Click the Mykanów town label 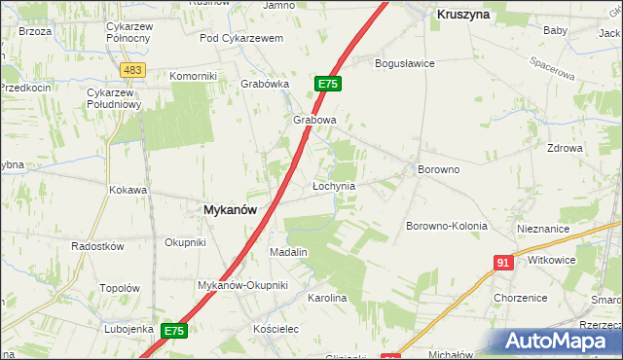pyautogui.click(x=230, y=209)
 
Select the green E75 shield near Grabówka pyautogui.click(x=327, y=85)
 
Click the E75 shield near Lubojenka pyautogui.click(x=173, y=331)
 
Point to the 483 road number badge pyautogui.click(x=133, y=70)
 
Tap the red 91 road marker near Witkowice pyautogui.click(x=503, y=263)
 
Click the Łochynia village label pyautogui.click(x=333, y=185)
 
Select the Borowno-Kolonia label pyautogui.click(x=446, y=226)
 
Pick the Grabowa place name pyautogui.click(x=314, y=121)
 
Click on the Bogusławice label pyautogui.click(x=405, y=63)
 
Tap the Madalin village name pyautogui.click(x=288, y=252)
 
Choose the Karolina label pyautogui.click(x=327, y=298)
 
